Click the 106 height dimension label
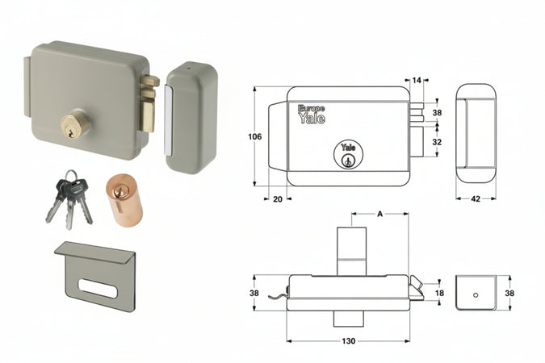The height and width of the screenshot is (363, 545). click(254, 137)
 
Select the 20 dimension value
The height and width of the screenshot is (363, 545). click(278, 198)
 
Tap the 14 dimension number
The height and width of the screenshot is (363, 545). click(417, 81)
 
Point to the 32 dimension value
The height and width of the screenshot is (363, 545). click(437, 141)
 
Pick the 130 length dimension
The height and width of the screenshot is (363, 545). click(348, 342)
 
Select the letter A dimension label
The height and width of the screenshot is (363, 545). click(379, 214)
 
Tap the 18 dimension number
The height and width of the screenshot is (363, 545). click(439, 294)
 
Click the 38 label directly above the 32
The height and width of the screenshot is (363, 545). click(437, 113)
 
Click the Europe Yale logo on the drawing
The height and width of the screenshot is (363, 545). click(312, 114)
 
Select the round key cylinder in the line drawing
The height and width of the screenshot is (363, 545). click(348, 154)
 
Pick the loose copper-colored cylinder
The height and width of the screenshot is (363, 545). click(124, 198)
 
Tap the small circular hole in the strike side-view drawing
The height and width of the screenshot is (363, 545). click(476, 294)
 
